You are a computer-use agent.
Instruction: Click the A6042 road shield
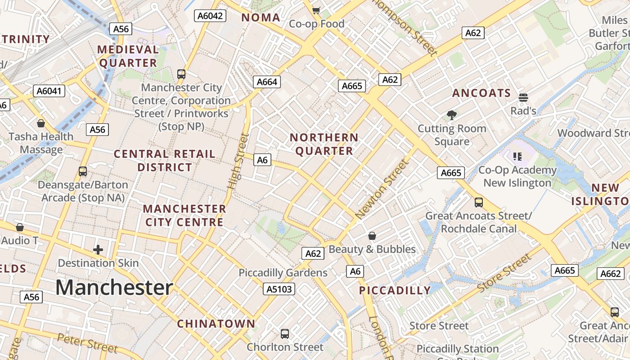click(210, 16)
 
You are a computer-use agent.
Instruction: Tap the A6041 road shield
click(49, 91)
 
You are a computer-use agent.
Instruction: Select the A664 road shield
click(267, 82)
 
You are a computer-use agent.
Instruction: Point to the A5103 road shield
click(279, 289)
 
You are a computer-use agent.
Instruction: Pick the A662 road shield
click(611, 274)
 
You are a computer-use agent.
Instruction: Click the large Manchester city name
click(114, 288)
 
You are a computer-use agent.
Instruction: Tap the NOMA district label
click(261, 18)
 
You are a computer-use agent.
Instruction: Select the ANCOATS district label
click(481, 93)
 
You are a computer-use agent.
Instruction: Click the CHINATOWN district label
click(216, 324)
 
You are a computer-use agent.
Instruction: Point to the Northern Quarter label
click(324, 144)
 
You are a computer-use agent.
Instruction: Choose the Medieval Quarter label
click(128, 56)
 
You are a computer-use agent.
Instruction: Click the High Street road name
click(238, 161)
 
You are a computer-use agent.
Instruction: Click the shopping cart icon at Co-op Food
click(316, 10)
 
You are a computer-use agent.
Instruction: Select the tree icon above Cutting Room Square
click(452, 115)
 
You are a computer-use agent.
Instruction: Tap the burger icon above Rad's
click(523, 97)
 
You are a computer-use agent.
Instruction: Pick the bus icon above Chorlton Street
click(285, 333)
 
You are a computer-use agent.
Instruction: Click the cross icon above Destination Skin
click(98, 249)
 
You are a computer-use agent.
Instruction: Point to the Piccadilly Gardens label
click(283, 273)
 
